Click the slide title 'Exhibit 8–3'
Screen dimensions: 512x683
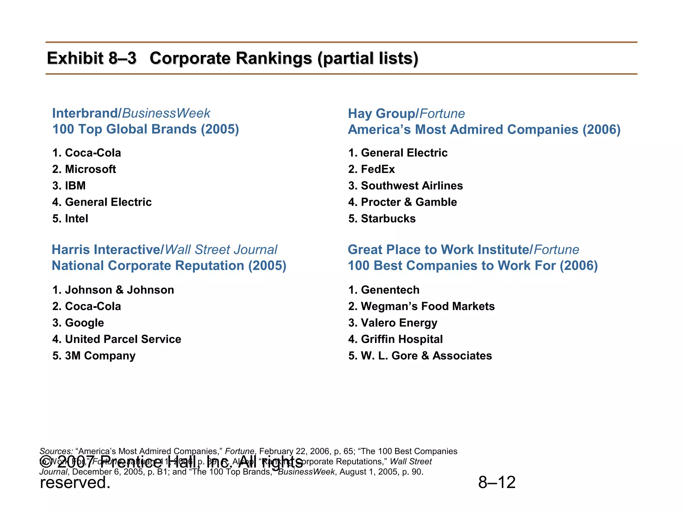pyautogui.click(x=92, y=58)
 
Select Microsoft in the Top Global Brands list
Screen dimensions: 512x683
pyautogui.click(x=90, y=169)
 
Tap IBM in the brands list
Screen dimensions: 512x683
pyautogui.click(x=75, y=186)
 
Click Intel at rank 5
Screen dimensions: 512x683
pyautogui.click(x=76, y=219)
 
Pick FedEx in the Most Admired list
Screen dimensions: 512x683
pyautogui.click(x=378, y=169)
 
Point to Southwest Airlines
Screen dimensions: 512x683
pyautogui.click(x=412, y=186)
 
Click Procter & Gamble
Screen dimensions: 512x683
pyautogui.click(x=409, y=202)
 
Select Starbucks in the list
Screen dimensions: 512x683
pyautogui.click(x=388, y=219)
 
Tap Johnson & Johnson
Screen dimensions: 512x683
pyautogui.click(x=119, y=290)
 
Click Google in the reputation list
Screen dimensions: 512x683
pyautogui.click(x=84, y=323)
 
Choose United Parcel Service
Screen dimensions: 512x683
pyautogui.click(x=123, y=339)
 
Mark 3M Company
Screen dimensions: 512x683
pyautogui.click(x=100, y=356)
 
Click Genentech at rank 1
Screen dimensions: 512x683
pyautogui.click(x=390, y=290)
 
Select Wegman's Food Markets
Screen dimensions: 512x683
pyautogui.click(x=428, y=306)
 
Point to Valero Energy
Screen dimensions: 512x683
pyautogui.click(x=399, y=323)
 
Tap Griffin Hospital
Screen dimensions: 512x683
pyautogui.click(x=402, y=339)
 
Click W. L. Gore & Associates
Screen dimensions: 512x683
pyautogui.click(x=426, y=356)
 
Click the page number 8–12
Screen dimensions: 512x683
pyautogui.click(x=497, y=482)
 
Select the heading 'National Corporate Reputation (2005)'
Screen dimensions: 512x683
pyautogui.click(x=169, y=266)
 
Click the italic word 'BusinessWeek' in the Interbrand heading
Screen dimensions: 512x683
pyautogui.click(x=166, y=113)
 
